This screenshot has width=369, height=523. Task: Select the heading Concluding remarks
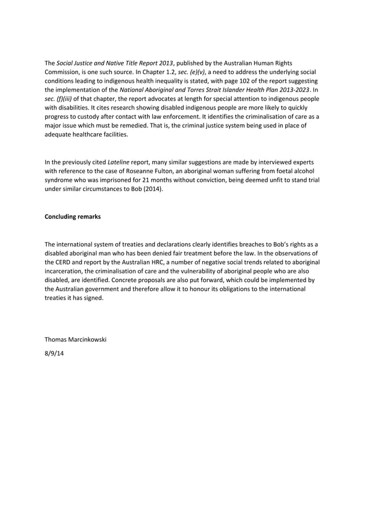tap(72, 217)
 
